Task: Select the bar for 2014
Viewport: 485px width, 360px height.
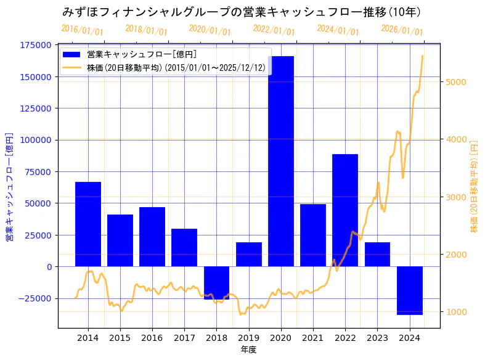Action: [x=88, y=224]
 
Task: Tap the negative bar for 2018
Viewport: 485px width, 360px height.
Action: [x=216, y=282]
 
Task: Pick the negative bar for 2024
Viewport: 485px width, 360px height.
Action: [x=409, y=290]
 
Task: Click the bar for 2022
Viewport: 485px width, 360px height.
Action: [x=344, y=210]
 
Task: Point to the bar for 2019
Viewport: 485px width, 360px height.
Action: [x=248, y=255]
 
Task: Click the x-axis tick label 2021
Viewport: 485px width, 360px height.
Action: [x=312, y=338]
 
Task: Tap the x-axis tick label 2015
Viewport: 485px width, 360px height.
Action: [x=120, y=338]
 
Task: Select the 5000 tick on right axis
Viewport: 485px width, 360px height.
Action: [x=457, y=82]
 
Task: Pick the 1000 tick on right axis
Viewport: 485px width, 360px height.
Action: [x=457, y=312]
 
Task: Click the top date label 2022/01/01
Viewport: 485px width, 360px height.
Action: [x=274, y=30]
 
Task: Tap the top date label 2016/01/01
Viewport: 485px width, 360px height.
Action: [x=82, y=30]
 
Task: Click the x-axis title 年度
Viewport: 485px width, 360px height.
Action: [x=248, y=350]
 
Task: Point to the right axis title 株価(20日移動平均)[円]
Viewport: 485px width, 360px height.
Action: [x=474, y=186]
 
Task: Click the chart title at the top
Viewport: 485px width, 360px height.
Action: [x=242, y=12]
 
